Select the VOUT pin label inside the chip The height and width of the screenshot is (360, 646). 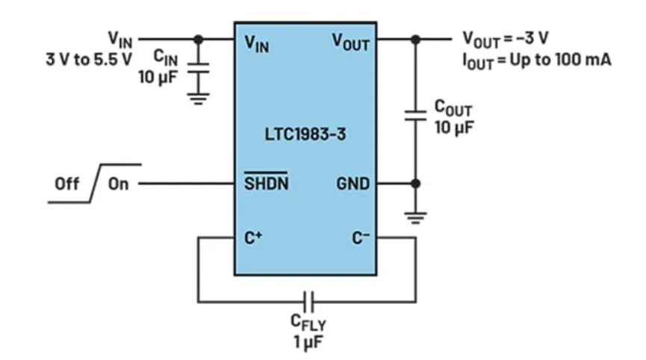coord(350,43)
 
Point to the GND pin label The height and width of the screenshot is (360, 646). coord(353,184)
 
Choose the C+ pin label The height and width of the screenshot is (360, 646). coord(255,238)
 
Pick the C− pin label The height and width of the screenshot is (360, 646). coord(360,238)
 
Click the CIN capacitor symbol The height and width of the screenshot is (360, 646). coord(198,69)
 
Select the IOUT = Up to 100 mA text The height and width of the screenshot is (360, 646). coord(537,59)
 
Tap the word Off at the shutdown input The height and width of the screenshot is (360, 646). coord(66,184)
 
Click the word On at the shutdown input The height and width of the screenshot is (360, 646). coord(118,184)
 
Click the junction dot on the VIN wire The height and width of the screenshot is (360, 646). coord(198,38)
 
